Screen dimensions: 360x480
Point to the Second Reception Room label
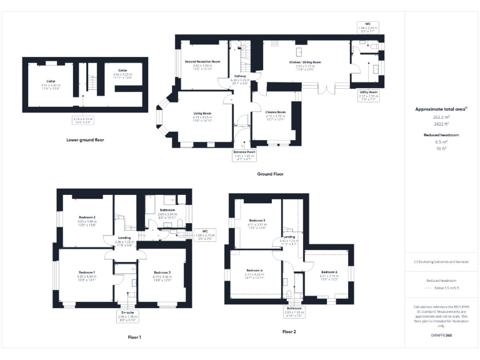(x=203, y=62)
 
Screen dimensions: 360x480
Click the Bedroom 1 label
(x=85, y=273)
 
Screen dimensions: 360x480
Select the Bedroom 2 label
(x=85, y=217)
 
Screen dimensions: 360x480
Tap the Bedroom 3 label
(x=162, y=273)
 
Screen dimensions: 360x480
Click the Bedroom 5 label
(x=257, y=221)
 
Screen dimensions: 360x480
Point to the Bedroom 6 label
(x=329, y=272)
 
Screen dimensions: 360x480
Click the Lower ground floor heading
(x=86, y=140)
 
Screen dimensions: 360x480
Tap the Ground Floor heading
(x=271, y=174)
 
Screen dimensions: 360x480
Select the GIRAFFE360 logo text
(x=441, y=336)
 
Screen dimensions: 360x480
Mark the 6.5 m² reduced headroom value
(x=442, y=142)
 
